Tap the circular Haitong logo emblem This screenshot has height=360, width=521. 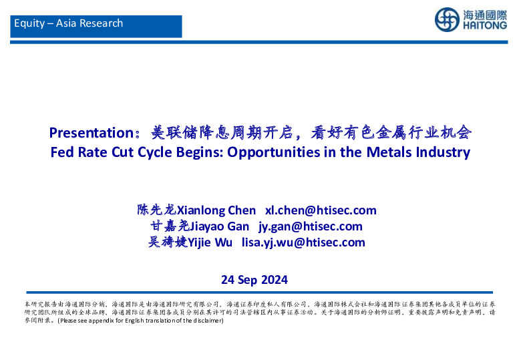pos(448,20)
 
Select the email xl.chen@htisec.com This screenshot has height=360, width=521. pos(321,210)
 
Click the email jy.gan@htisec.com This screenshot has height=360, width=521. pos(311,226)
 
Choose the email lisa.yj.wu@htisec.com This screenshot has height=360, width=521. pos(303,242)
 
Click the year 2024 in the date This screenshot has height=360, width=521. pos(275,279)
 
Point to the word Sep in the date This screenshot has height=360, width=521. pos(247,279)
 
